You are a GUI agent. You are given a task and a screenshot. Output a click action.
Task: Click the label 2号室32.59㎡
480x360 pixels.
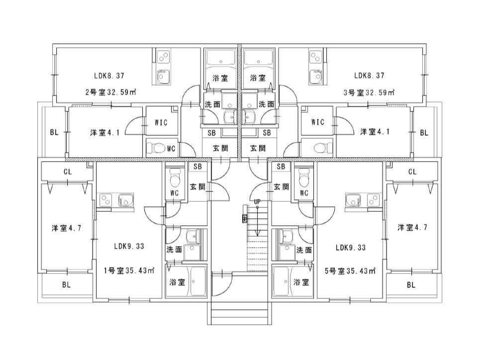click(x=110, y=92)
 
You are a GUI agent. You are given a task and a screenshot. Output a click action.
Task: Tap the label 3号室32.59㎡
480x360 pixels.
click(x=369, y=92)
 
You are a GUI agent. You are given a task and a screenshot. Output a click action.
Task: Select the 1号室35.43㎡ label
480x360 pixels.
click(x=128, y=270)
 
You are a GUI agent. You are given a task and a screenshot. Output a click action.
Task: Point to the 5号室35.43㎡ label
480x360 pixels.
click(x=350, y=271)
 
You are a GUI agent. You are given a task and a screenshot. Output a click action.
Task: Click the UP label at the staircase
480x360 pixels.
click(x=257, y=202)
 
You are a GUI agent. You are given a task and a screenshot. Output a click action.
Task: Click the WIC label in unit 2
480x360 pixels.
click(x=161, y=122)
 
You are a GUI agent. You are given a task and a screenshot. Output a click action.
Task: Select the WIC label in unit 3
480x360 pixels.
click(x=317, y=122)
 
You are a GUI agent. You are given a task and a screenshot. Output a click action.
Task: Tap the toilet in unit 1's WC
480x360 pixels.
click(x=175, y=179)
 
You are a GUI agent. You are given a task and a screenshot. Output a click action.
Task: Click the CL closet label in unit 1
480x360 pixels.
click(x=68, y=172)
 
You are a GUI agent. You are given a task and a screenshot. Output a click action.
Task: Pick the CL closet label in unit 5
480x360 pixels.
click(x=412, y=172)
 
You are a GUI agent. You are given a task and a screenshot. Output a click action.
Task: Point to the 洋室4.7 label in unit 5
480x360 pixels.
click(x=412, y=227)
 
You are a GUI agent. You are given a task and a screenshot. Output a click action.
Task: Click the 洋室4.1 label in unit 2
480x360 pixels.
click(x=104, y=133)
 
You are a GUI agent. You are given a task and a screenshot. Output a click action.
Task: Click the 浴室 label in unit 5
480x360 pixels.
click(x=301, y=282)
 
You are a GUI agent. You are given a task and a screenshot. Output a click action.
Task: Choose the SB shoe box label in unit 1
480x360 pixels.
click(x=197, y=166)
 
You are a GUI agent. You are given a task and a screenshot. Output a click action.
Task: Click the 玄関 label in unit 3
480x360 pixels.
click(x=258, y=149)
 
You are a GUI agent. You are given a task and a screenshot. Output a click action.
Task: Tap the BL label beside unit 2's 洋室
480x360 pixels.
click(x=54, y=132)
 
